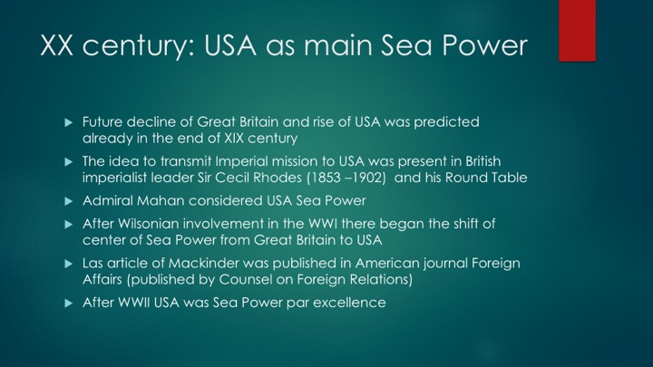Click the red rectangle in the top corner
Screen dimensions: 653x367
577,31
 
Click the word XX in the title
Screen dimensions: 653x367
56,45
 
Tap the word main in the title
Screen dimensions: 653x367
337,45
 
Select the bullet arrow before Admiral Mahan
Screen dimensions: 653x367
69,201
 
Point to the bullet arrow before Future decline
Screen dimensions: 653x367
69,122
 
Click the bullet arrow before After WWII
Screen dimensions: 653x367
69,304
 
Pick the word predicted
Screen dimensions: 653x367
446,122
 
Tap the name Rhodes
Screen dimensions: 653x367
278,178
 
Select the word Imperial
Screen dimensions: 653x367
238,161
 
